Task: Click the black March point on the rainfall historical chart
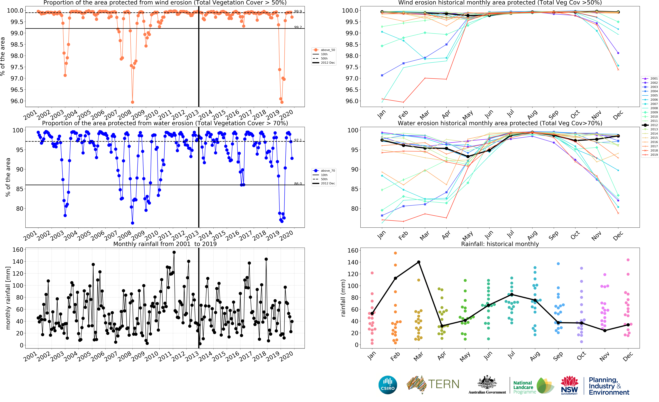[419, 262]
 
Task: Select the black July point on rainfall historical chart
[512, 294]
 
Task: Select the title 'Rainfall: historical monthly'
[500, 244]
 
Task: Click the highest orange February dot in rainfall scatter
[395, 253]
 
